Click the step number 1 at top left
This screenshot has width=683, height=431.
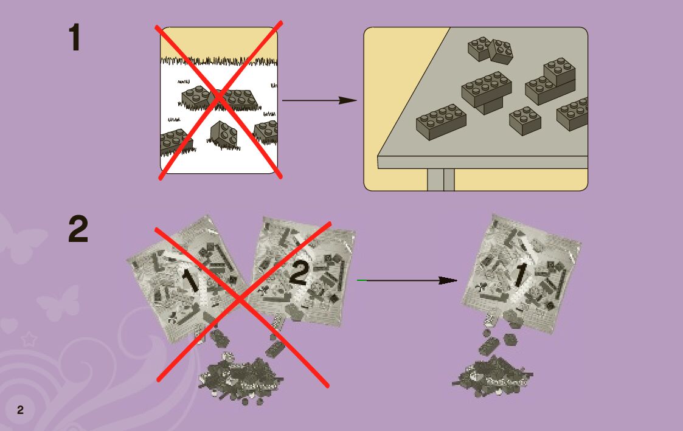(x=74, y=38)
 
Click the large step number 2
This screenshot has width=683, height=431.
(x=78, y=230)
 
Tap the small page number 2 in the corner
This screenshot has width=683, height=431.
(x=20, y=410)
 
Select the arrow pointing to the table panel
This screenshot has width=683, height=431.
(x=319, y=100)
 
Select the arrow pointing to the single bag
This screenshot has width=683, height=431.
(x=411, y=280)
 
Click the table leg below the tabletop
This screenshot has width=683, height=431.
(x=441, y=179)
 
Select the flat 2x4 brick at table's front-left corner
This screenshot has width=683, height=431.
(x=441, y=122)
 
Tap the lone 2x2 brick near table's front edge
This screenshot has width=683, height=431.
(x=525, y=120)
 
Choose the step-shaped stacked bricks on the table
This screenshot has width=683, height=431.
(x=550, y=82)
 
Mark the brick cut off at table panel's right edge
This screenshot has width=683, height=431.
(x=574, y=114)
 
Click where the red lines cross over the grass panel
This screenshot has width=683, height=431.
(x=220, y=100)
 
